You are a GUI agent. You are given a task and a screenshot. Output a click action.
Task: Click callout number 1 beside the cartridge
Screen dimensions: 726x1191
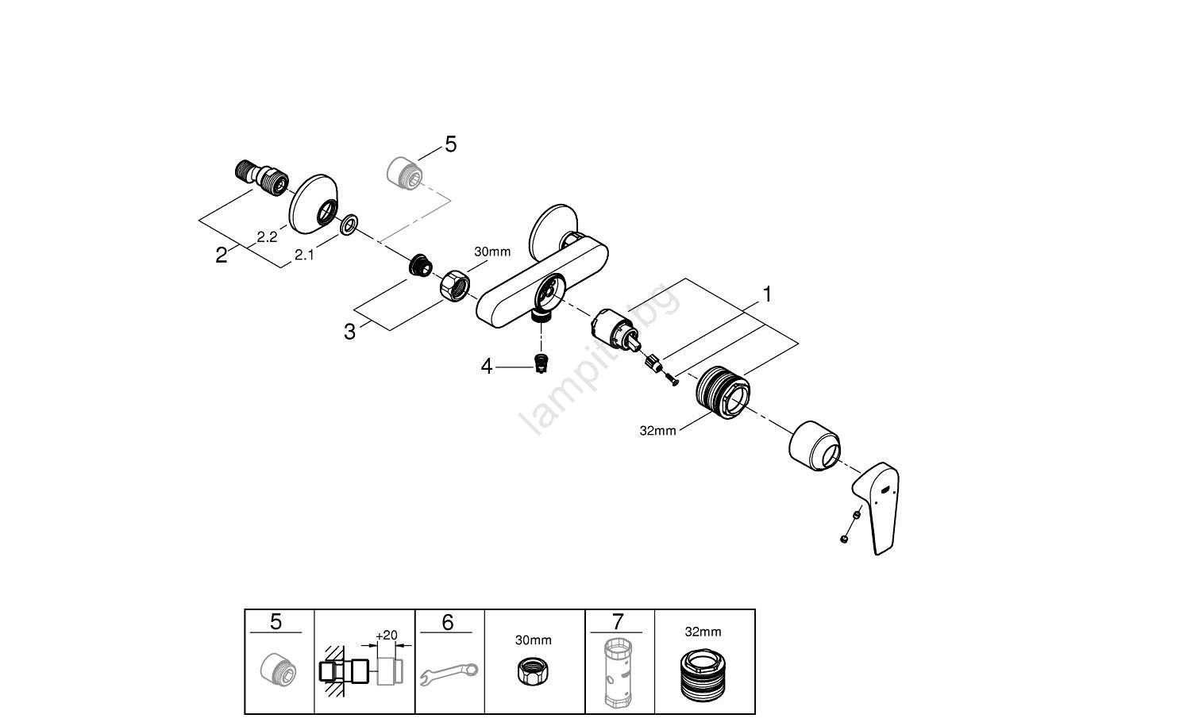pyautogui.click(x=767, y=294)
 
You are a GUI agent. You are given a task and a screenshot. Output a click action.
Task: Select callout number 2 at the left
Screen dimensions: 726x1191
pyautogui.click(x=222, y=255)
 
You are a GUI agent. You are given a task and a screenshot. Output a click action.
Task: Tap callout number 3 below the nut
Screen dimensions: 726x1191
pyautogui.click(x=350, y=332)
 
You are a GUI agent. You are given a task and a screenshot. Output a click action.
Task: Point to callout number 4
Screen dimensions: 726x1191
pyautogui.click(x=487, y=366)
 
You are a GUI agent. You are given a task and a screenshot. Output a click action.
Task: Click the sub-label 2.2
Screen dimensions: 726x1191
pyautogui.click(x=267, y=237)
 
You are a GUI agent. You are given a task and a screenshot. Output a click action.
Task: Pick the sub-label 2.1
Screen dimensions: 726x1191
pyautogui.click(x=304, y=255)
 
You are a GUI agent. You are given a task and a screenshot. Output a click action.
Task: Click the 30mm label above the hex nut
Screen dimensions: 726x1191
pyautogui.click(x=492, y=252)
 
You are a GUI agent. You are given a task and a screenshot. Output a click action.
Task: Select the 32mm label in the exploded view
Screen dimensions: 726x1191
pyautogui.click(x=657, y=431)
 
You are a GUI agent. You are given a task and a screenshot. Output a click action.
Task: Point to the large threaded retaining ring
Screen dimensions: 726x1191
pyautogui.click(x=723, y=390)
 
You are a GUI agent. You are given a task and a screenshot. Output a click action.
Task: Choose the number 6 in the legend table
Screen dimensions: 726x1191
pyautogui.click(x=447, y=623)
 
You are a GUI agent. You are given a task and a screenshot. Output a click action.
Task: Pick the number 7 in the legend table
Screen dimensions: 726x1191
pyautogui.click(x=619, y=622)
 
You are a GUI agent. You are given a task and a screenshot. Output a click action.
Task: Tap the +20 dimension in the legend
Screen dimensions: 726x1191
pyautogui.click(x=387, y=636)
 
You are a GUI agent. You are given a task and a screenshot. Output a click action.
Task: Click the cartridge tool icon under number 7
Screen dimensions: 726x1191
pyautogui.click(x=619, y=674)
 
